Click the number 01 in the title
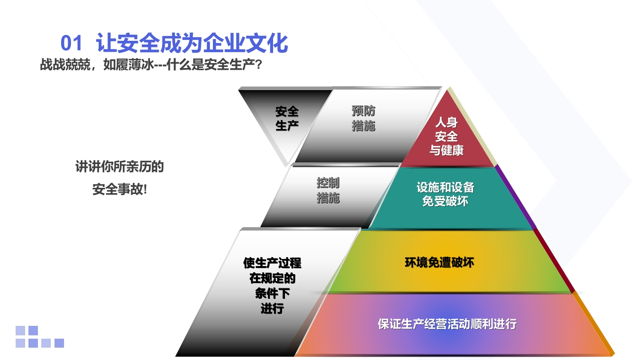tap(71, 43)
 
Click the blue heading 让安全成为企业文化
tap(192, 43)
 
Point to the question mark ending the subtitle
tap(258, 65)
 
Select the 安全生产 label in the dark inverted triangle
tap(287, 119)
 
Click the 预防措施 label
tap(364, 119)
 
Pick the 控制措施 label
tap(328, 190)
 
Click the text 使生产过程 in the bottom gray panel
tap(272, 263)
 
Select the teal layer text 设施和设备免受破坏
tap(445, 194)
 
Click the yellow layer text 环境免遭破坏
tap(439, 262)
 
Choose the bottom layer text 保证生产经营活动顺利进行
tap(447, 324)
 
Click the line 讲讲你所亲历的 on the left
tap(119, 166)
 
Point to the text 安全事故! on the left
tap(119, 189)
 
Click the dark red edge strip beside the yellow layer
tap(554, 261)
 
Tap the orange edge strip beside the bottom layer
tap(594, 324)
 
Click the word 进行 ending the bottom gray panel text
tap(272, 309)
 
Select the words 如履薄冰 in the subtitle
tap(128, 65)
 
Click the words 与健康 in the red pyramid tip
tap(446, 150)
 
